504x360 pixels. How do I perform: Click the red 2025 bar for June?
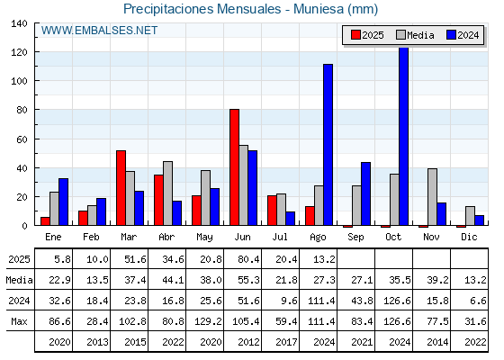(234, 167)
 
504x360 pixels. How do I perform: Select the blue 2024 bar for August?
(328, 145)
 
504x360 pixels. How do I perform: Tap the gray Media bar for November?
(432, 197)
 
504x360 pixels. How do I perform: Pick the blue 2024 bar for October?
(404, 137)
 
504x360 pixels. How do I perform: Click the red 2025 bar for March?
(121, 188)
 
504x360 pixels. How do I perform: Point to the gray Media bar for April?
(167, 193)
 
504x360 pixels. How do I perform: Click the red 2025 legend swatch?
(355, 35)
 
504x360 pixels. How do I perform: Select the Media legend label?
(420, 35)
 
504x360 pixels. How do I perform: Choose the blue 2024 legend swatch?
(451, 35)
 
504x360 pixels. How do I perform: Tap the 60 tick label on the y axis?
(22, 139)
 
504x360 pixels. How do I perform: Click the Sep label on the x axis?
(355, 238)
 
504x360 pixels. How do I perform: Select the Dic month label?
(469, 237)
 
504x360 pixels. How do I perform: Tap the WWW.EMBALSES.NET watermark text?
(99, 31)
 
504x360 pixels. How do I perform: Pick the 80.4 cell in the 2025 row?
(248, 259)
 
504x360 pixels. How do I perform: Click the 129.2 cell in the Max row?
(208, 321)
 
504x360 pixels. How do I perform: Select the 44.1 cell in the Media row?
(173, 280)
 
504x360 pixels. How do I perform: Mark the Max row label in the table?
(19, 321)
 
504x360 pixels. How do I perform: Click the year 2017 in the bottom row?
(286, 342)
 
